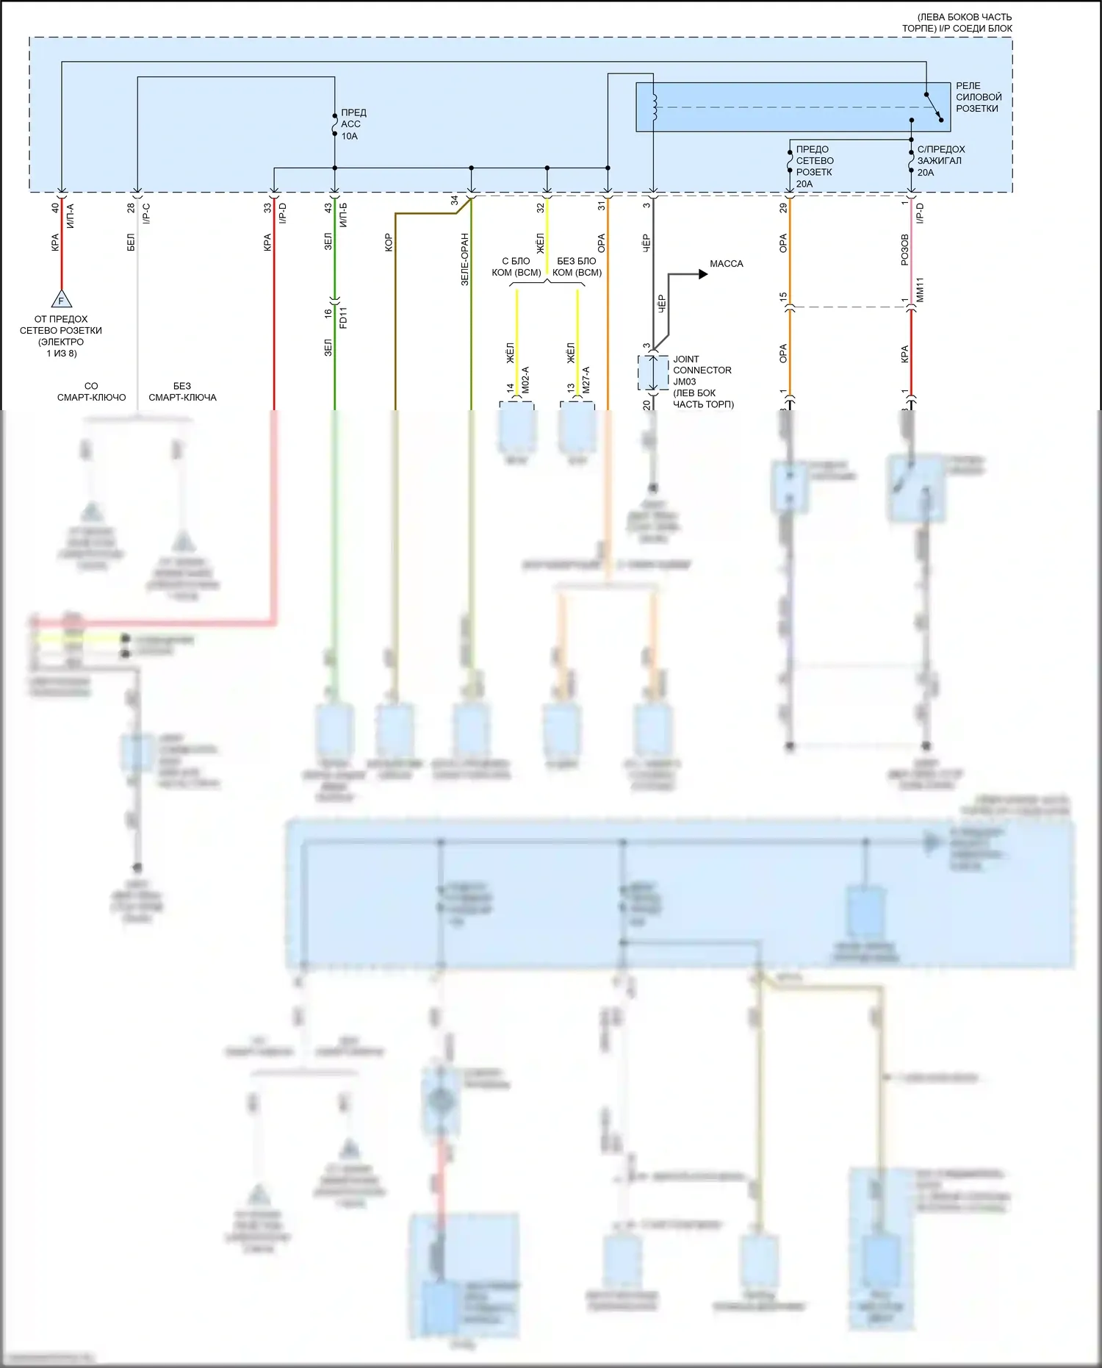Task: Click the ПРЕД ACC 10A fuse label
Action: pos(353,124)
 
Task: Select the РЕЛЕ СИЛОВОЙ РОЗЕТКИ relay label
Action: pos(978,97)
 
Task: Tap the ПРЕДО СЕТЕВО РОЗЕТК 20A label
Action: pos(814,166)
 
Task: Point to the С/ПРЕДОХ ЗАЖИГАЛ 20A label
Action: pos(940,160)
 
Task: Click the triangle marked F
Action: pos(61,300)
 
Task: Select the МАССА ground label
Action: pos(726,263)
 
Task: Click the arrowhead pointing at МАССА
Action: pos(703,274)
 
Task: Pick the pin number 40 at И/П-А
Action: pos(55,208)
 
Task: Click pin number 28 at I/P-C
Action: pos(131,208)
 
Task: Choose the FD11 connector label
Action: pos(343,317)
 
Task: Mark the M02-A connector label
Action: pos(525,380)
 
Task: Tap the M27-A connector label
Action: pos(586,380)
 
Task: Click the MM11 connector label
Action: pos(920,290)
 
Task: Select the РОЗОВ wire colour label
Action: pos(904,250)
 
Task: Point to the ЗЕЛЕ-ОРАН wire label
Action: pos(464,259)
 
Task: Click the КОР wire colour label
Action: pos(389,243)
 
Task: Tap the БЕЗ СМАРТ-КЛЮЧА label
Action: pos(182,391)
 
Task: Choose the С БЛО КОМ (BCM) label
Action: pos(516,267)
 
